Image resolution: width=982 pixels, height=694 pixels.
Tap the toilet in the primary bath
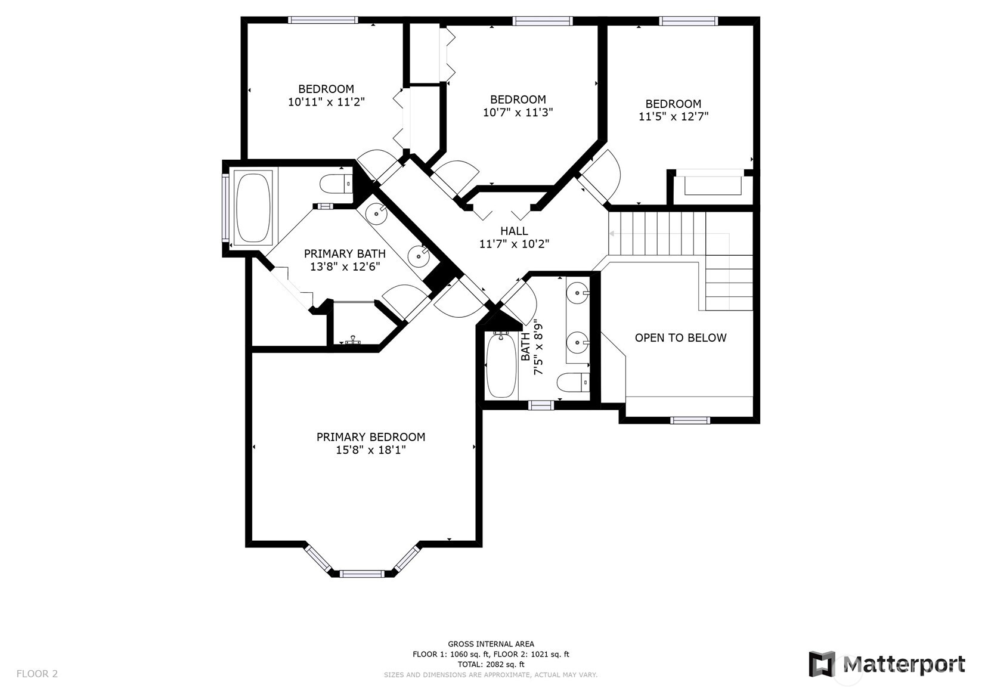[x=336, y=184]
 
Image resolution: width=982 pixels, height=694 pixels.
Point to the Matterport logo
[x=887, y=665]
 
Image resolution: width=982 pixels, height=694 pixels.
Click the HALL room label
[x=514, y=231]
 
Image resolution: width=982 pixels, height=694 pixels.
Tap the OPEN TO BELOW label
[x=680, y=337]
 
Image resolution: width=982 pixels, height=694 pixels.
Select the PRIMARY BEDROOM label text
[x=371, y=437]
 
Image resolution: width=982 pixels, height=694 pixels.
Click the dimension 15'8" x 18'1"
[x=371, y=450]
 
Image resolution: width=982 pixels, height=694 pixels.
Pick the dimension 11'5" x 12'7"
[x=673, y=117]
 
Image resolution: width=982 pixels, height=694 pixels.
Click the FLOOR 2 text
[x=37, y=673]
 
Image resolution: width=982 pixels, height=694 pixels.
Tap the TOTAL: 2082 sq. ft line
[x=491, y=664]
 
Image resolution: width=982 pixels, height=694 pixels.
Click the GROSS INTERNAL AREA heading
[x=491, y=644]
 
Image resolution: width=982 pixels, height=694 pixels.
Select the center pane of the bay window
[x=362, y=574]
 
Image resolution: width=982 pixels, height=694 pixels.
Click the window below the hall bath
[x=541, y=405]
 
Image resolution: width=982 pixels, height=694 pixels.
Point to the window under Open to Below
[x=690, y=420]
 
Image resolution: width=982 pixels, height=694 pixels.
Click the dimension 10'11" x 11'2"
[x=326, y=102]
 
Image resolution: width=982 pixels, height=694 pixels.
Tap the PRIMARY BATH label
[x=345, y=254]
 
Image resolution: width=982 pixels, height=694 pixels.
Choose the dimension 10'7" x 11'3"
[x=518, y=112]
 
